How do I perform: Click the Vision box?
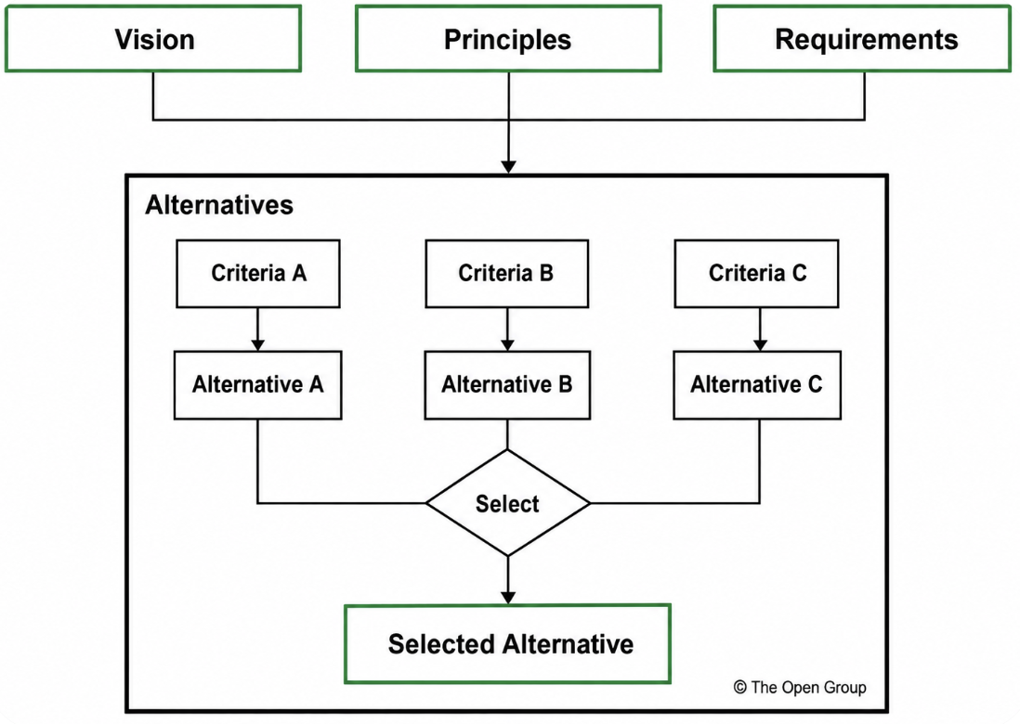pyautogui.click(x=153, y=39)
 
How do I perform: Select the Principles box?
pyautogui.click(x=508, y=39)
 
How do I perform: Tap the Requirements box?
pyautogui.click(x=863, y=39)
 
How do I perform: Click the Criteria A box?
pyautogui.click(x=257, y=274)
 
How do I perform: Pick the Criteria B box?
pyautogui.click(x=506, y=274)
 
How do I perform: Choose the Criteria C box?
pyautogui.click(x=756, y=274)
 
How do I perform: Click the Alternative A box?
pyautogui.click(x=257, y=385)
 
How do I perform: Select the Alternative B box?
pyautogui.click(x=507, y=385)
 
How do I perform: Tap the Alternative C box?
pyautogui.click(x=757, y=385)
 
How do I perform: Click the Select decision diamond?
pyautogui.click(x=507, y=503)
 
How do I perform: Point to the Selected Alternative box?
pyautogui.click(x=507, y=644)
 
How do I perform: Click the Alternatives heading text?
pyautogui.click(x=219, y=205)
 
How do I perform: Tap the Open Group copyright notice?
pyautogui.click(x=800, y=688)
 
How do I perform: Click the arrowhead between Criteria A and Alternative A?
pyautogui.click(x=257, y=344)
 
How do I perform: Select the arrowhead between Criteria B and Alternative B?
pyautogui.click(x=507, y=344)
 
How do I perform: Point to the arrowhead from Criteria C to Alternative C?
pyautogui.click(x=760, y=344)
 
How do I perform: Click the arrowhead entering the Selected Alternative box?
pyautogui.click(x=508, y=597)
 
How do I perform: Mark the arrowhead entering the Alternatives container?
pyautogui.click(x=509, y=166)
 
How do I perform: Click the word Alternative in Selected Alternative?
pyautogui.click(x=568, y=644)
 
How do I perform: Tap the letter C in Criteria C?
pyautogui.click(x=799, y=273)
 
